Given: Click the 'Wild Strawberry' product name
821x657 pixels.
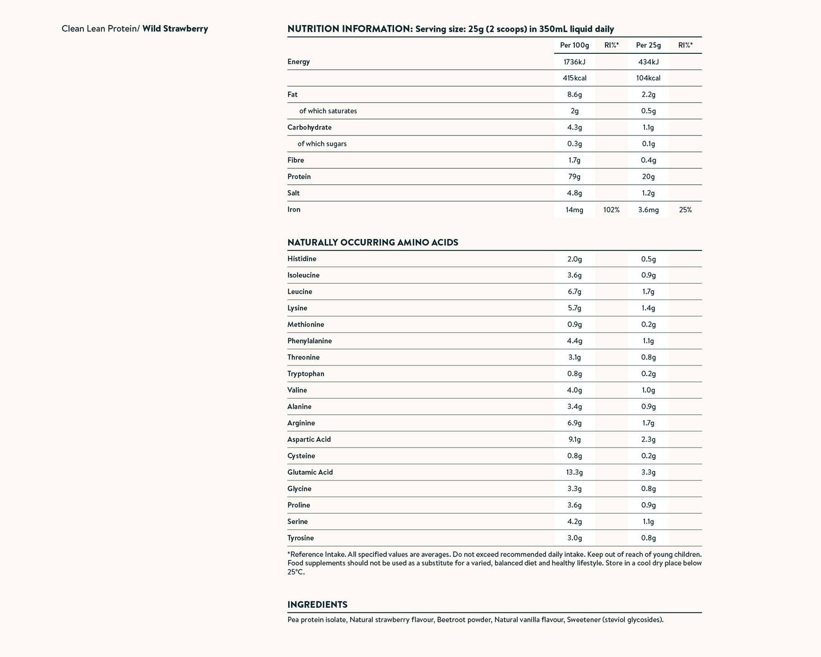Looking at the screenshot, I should tap(175, 29).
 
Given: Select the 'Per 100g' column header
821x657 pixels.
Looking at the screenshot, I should tap(574, 45).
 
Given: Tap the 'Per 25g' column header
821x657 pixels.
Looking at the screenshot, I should tap(648, 45).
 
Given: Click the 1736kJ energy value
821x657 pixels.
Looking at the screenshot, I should tap(574, 62).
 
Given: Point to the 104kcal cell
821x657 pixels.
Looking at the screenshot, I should tap(648, 78).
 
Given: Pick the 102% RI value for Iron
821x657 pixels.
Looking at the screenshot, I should tap(611, 210).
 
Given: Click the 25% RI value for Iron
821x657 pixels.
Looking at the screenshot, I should tap(685, 210).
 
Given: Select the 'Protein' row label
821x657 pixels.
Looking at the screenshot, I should tap(299, 177).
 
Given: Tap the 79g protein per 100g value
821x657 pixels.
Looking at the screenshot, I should tap(574, 177).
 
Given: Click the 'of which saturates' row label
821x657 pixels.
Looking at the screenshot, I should tap(328, 111).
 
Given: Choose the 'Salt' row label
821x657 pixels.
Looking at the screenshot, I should tap(293, 193).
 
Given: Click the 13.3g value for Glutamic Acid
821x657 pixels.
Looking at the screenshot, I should tap(574, 472).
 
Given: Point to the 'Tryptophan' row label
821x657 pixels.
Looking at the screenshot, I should tap(306, 374).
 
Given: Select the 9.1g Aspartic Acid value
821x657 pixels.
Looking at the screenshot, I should tap(574, 439).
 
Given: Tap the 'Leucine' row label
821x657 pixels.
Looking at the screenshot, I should tap(300, 292).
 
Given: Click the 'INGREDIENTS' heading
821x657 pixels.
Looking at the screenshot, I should tap(317, 605).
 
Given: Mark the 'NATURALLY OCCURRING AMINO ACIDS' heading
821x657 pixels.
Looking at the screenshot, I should tap(373, 242).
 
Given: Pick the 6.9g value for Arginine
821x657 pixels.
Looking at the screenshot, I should tap(574, 423).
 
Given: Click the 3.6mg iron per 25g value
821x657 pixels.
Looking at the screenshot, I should tap(648, 210).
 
